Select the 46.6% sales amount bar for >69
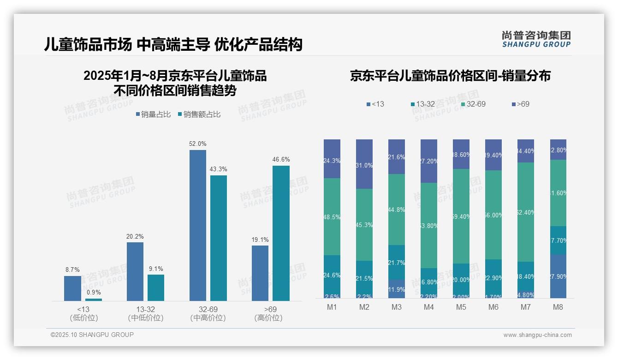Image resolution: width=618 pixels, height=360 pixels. click(x=281, y=233)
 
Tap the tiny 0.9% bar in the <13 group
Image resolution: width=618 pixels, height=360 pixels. click(x=93, y=300)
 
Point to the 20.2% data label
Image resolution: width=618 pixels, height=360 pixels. click(x=135, y=236)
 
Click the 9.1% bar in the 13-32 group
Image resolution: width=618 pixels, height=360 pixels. click(x=156, y=288)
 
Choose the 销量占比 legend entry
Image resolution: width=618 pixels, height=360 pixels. click(x=153, y=114)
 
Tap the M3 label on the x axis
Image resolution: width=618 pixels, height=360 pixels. click(x=396, y=307)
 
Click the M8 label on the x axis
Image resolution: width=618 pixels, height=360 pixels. click(x=558, y=307)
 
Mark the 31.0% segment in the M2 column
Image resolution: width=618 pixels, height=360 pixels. click(x=364, y=164)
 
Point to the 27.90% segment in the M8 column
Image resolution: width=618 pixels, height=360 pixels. click(x=558, y=276)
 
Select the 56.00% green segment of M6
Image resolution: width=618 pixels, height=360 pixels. click(x=493, y=215)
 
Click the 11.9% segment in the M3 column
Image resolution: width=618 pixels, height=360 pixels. click(x=396, y=289)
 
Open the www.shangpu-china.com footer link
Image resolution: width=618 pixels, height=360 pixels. click(x=537, y=335)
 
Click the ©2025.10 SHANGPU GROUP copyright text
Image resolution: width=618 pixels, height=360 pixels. click(x=92, y=335)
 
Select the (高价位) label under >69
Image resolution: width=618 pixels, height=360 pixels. click(x=268, y=318)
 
